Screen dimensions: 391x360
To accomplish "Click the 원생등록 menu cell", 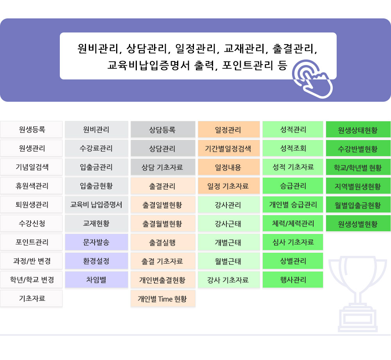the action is pyautogui.click(x=31, y=130).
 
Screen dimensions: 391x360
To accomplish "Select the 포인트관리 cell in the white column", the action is pyautogui.click(x=31, y=242).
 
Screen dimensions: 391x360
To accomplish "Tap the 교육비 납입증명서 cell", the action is pyautogui.click(x=97, y=205).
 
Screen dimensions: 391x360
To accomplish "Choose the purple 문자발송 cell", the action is pyautogui.click(x=97, y=242).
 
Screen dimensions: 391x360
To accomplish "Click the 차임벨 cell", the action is pyautogui.click(x=97, y=280).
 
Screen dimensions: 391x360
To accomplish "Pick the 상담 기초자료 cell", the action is pyautogui.click(x=163, y=167).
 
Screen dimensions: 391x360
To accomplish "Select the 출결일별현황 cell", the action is pyautogui.click(x=163, y=205).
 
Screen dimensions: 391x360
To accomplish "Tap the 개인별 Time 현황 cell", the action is pyautogui.click(x=163, y=299).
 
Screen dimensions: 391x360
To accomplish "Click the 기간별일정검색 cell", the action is pyautogui.click(x=229, y=148).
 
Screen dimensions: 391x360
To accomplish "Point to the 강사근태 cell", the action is pyautogui.click(x=229, y=223).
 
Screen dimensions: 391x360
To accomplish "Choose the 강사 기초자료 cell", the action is pyautogui.click(x=229, y=280).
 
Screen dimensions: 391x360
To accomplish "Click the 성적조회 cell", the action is pyautogui.click(x=293, y=148).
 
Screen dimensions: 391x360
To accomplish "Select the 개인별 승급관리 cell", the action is pyautogui.click(x=293, y=205).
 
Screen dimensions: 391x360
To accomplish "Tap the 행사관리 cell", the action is pyautogui.click(x=293, y=280).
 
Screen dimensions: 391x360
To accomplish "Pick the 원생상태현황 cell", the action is pyautogui.click(x=358, y=130).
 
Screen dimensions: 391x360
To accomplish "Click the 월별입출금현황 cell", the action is pyautogui.click(x=358, y=205).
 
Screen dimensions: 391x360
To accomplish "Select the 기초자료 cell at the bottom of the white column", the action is pyautogui.click(x=31, y=299).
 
